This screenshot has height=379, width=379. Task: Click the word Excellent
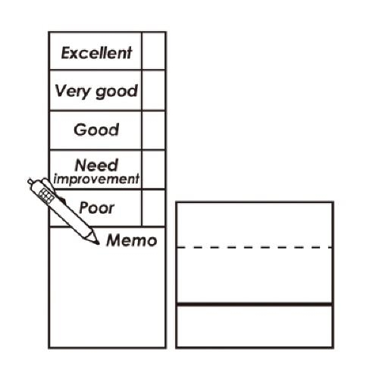point(96,53)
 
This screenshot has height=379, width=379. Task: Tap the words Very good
point(96,91)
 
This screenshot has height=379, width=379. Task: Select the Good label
point(96,130)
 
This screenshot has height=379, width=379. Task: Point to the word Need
point(96,165)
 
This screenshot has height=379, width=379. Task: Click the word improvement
point(96,179)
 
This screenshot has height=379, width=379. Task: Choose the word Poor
point(97,208)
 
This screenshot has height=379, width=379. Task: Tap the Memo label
point(132,240)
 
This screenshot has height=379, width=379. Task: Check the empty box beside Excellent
point(154,51)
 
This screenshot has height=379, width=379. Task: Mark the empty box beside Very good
point(154,90)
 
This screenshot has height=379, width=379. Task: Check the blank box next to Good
point(154,130)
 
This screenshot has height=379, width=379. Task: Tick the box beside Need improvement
point(154,170)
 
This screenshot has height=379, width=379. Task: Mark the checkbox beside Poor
point(154,208)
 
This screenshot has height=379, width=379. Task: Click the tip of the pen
point(99,244)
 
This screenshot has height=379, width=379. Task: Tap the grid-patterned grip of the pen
point(46,196)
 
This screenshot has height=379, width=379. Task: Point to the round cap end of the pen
point(30,181)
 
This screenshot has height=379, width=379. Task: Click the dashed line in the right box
point(255,247)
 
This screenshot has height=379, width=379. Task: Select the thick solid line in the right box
point(255,304)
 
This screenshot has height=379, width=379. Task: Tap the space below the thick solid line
point(255,326)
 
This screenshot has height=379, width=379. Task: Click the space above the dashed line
point(255,224)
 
